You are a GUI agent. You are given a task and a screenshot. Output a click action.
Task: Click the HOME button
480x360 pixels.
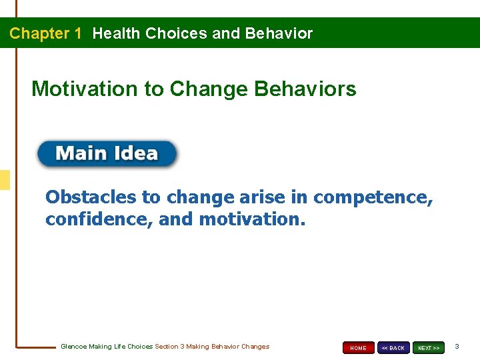[358, 348]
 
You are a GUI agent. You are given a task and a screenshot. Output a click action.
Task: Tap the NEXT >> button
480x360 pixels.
[428, 348]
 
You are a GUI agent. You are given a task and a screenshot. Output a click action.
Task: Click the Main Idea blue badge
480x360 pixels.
[107, 154]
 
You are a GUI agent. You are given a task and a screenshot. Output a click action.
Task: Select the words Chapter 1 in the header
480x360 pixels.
[45, 33]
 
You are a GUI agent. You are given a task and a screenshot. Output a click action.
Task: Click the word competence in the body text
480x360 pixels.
[373, 197]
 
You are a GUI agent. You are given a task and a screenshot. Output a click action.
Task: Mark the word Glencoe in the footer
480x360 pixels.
[74, 347]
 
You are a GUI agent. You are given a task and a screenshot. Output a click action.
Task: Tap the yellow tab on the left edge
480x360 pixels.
[5, 180]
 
